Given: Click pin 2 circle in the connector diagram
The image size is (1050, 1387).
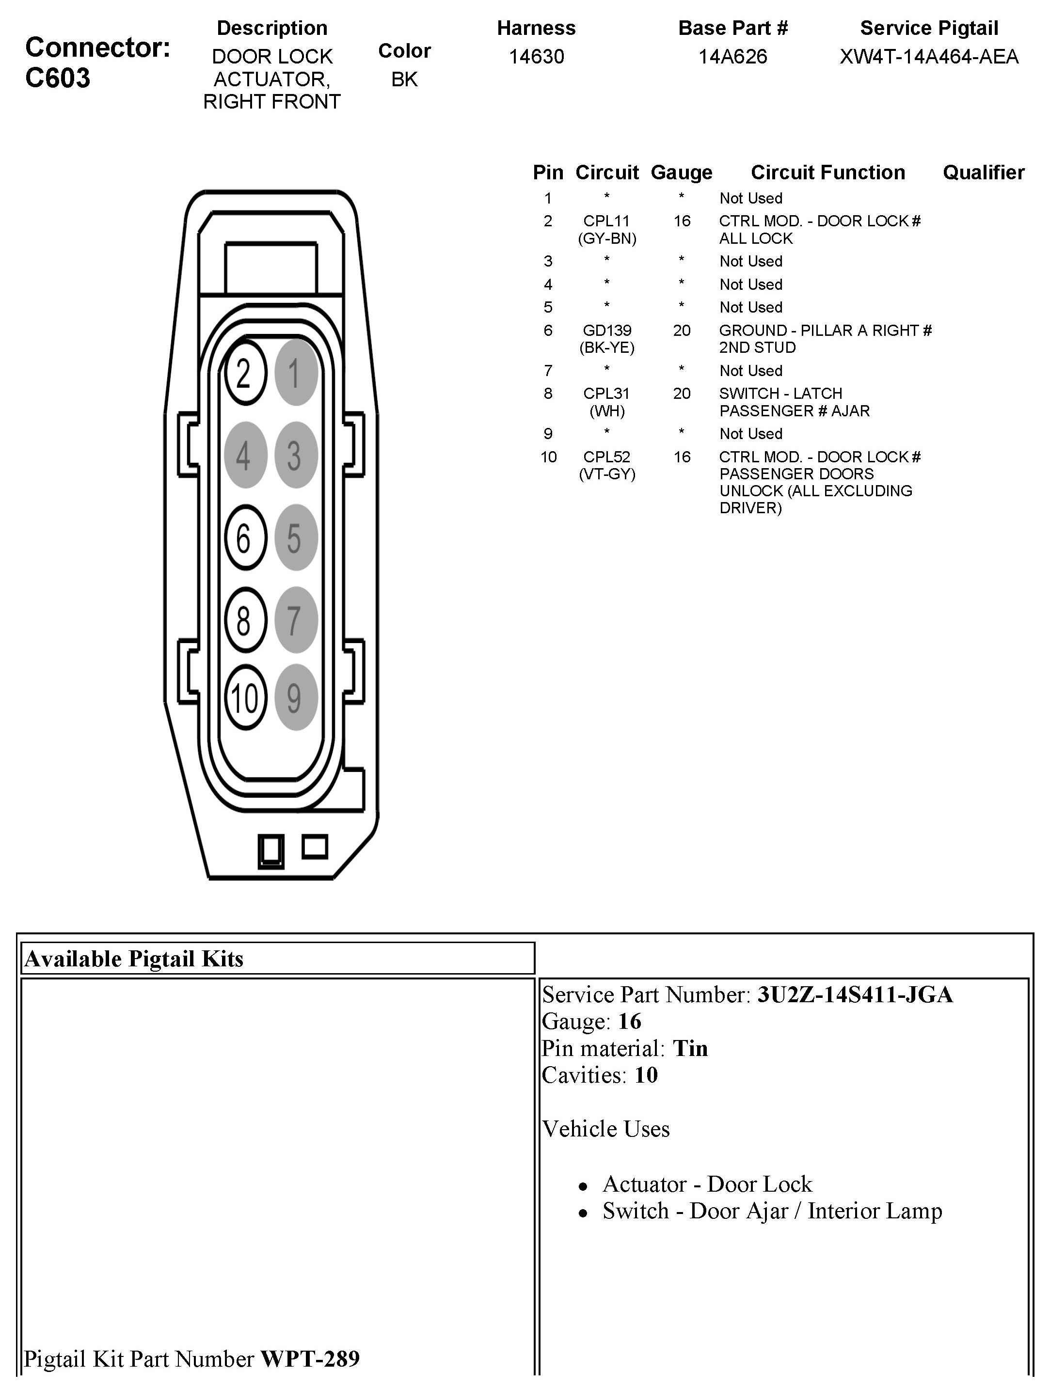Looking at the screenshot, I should pyautogui.click(x=245, y=374).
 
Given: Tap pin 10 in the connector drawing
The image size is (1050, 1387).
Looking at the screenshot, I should pyautogui.click(x=245, y=697).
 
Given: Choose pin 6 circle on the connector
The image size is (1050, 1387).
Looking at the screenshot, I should pyautogui.click(x=245, y=537).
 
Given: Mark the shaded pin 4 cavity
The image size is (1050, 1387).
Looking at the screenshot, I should pyautogui.click(x=245, y=455).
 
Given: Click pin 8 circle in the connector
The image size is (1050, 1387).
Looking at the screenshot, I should pyautogui.click(x=245, y=620).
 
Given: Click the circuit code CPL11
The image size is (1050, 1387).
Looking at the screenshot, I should pyautogui.click(x=606, y=221).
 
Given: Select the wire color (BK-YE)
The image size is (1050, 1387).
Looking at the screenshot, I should pyautogui.click(x=606, y=347).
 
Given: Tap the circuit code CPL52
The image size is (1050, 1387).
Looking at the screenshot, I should pyautogui.click(x=606, y=457).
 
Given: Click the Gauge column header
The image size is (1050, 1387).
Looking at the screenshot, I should pyautogui.click(x=681, y=173).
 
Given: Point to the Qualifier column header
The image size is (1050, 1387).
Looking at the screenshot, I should pyautogui.click(x=983, y=173).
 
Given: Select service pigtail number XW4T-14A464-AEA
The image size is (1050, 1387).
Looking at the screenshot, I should pyautogui.click(x=929, y=56).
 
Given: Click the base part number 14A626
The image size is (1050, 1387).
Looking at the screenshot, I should pyautogui.click(x=732, y=56).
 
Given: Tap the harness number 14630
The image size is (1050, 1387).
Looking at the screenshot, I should pyautogui.click(x=536, y=56).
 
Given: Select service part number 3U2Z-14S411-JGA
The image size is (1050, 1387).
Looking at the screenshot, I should pyautogui.click(x=855, y=995).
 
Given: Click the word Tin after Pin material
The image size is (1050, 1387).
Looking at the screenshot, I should pyautogui.click(x=690, y=1048).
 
